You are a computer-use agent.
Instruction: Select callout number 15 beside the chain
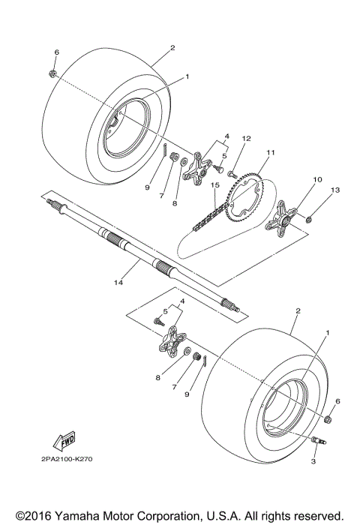click(214, 185)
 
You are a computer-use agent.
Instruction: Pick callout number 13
click(335, 190)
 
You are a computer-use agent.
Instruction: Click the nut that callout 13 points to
click(309, 218)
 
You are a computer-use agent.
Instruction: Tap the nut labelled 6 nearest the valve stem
click(329, 415)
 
